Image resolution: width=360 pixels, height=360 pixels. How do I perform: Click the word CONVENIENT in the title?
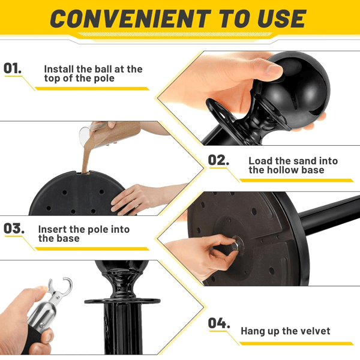[130, 19]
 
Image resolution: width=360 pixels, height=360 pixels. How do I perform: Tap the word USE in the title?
[282, 19]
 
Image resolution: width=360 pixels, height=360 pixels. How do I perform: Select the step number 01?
[13, 68]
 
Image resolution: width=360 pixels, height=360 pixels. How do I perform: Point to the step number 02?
[218, 160]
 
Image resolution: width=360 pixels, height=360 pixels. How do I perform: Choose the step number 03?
[14, 229]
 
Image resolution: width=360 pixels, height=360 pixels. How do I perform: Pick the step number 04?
[219, 323]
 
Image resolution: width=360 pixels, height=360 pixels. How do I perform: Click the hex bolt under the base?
[237, 245]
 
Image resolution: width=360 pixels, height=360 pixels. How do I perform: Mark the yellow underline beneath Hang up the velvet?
[296, 343]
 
